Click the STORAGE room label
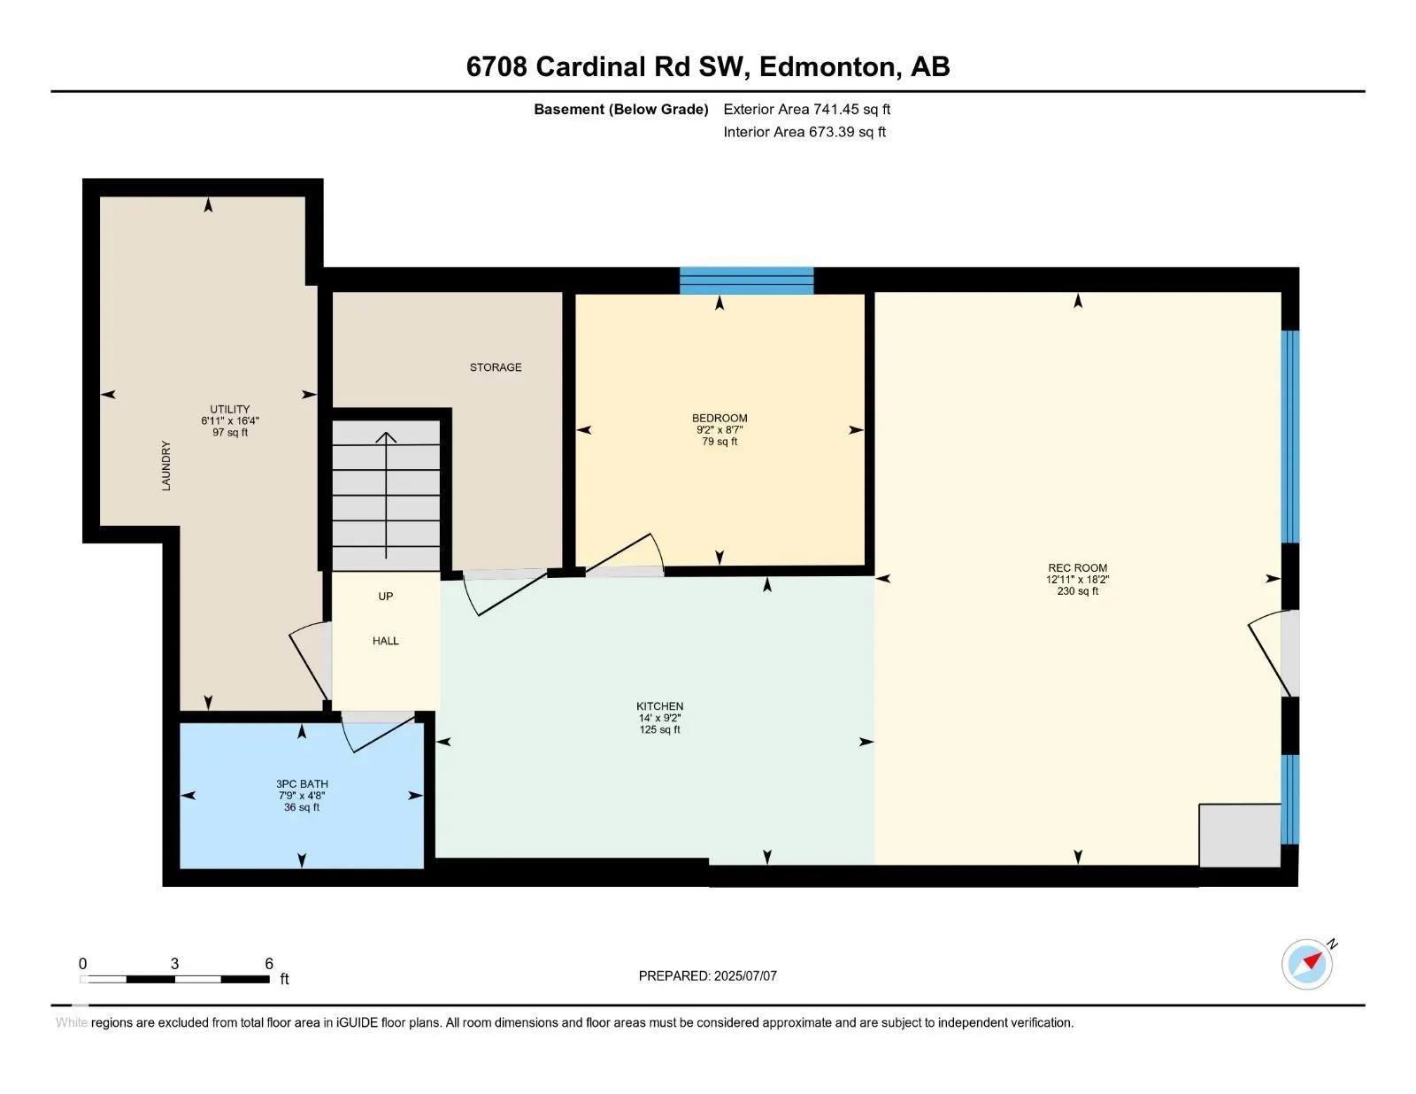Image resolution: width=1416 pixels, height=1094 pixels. (496, 367)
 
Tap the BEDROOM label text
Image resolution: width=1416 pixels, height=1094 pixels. (720, 419)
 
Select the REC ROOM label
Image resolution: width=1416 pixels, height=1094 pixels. (1077, 567)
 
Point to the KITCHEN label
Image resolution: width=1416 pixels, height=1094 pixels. (659, 706)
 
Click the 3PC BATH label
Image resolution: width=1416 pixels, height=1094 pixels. (302, 784)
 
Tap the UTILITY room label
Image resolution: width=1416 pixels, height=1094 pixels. (230, 409)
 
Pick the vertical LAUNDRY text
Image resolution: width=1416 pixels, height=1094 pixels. (166, 466)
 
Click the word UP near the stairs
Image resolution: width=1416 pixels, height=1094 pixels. (386, 597)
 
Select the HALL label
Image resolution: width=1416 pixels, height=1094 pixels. (386, 641)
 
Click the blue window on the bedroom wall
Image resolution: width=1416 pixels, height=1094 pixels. (746, 281)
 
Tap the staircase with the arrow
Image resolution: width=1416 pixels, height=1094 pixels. (386, 495)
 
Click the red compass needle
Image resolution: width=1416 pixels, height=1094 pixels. (1312, 961)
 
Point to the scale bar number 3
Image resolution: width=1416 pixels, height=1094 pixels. (174, 964)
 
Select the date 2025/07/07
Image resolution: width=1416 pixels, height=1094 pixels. (745, 976)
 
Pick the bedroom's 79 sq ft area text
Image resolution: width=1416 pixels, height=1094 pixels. (720, 442)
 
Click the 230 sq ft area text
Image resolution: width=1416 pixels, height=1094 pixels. (1077, 591)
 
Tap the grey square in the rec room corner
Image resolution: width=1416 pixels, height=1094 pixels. (1240, 836)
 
